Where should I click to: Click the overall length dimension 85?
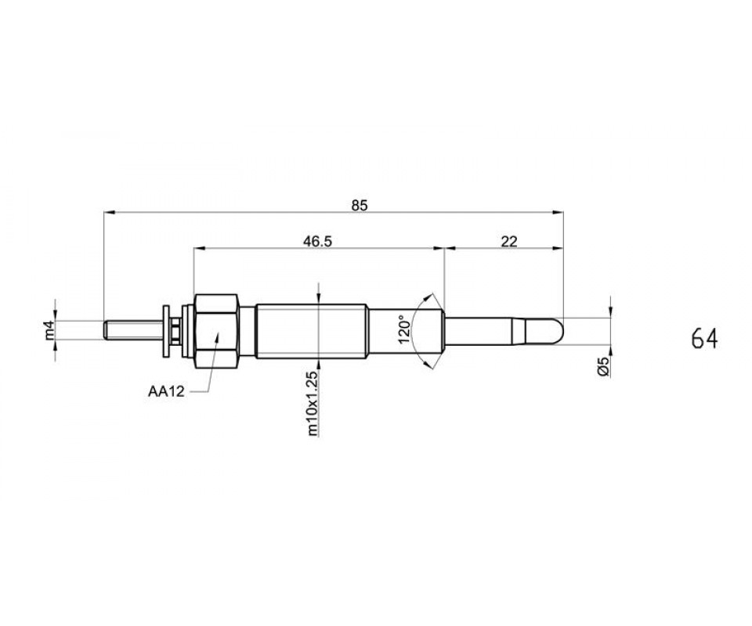pos(360,206)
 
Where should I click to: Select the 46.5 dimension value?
pos(317,241)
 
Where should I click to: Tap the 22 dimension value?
pos(509,241)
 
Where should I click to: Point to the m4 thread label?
pos(50,330)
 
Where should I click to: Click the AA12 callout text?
pos(166,392)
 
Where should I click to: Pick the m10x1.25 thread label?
pos(313,403)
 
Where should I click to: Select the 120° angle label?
pos(403,329)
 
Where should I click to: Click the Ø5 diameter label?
pos(604,366)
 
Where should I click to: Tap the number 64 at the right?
pos(704,339)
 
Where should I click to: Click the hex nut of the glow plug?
pos(216,332)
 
